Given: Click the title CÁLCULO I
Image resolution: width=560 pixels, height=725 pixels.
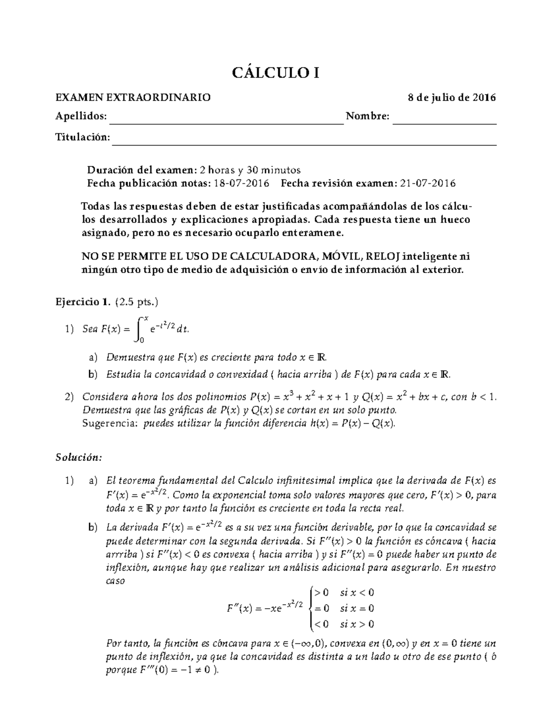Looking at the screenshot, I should (276, 73).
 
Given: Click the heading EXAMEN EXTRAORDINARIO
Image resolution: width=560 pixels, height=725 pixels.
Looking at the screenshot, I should (133, 98).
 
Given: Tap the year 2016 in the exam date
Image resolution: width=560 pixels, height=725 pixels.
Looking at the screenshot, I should (484, 98).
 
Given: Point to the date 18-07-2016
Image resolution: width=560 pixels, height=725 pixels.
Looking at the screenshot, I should (241, 183).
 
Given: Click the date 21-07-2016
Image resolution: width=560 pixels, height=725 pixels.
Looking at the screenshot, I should (427, 183).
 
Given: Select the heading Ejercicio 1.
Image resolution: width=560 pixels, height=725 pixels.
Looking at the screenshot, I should (83, 302).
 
